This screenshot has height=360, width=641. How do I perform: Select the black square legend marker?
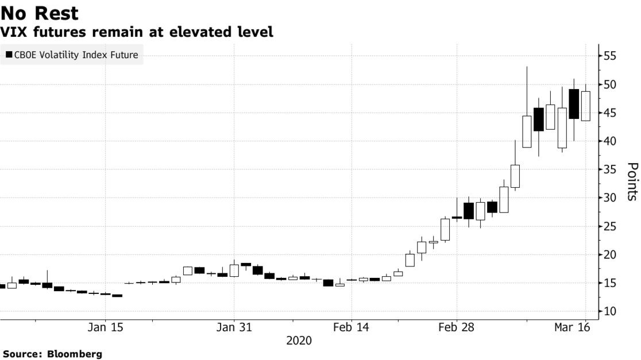point(9,55)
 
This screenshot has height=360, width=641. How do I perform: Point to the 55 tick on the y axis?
point(609,56)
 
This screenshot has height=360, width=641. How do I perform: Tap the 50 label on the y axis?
point(609,84)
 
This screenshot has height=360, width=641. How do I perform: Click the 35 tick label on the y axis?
point(609,169)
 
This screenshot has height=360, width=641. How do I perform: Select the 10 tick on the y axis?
point(609,311)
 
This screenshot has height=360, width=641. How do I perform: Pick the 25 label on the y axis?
point(609,226)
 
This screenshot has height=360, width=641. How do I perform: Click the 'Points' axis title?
point(631,181)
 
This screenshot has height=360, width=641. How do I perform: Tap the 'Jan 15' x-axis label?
point(106,328)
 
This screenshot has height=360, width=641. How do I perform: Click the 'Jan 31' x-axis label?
point(234,328)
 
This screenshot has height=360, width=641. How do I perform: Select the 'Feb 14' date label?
point(352,328)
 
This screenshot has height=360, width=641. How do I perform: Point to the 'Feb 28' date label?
point(457,328)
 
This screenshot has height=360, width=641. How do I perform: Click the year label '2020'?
point(299,340)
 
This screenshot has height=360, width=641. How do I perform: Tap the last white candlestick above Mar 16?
point(585,106)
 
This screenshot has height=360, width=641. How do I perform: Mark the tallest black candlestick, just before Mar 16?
point(573,104)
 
